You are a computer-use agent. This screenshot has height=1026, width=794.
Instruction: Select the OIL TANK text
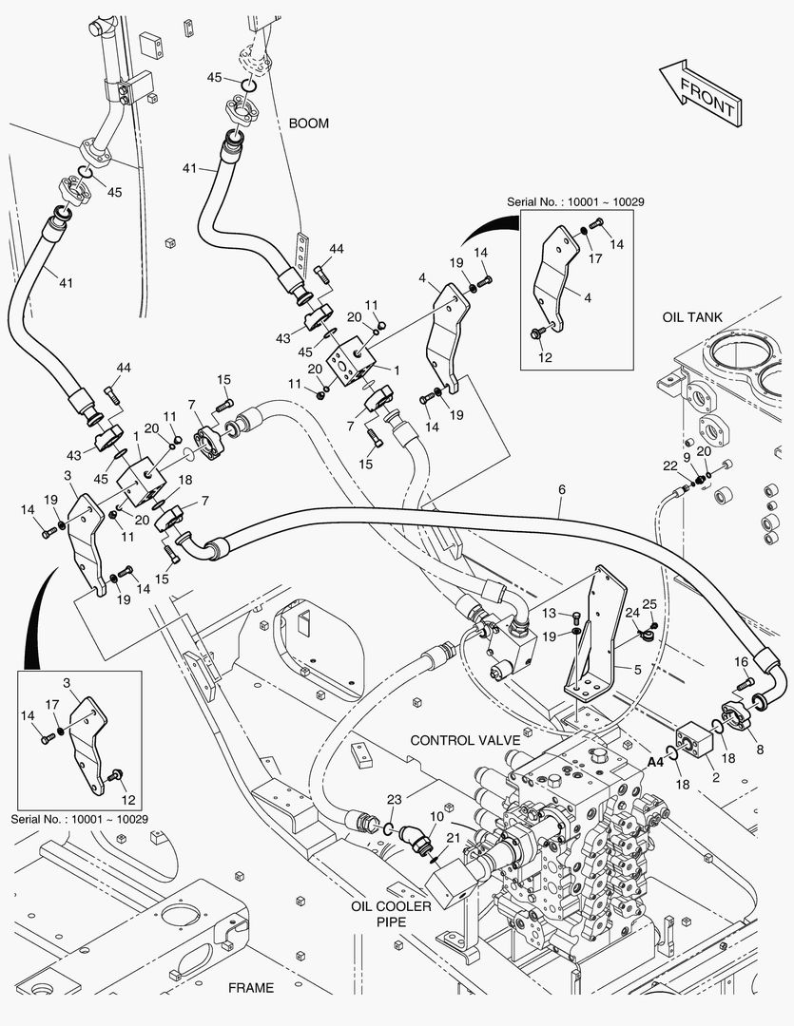(693, 317)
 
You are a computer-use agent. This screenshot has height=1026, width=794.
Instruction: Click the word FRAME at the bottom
(251, 987)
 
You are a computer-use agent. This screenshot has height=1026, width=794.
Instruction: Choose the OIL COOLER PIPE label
(391, 914)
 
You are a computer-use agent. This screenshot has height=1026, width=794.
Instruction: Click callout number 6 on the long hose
(562, 489)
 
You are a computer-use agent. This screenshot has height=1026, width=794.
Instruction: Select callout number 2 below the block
(715, 777)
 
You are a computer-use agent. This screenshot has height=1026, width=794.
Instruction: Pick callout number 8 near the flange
(758, 749)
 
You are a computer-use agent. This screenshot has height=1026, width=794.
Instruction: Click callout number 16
(741, 661)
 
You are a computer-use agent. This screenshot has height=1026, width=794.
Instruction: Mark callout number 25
(650, 604)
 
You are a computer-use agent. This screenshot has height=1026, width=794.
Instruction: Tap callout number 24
(630, 613)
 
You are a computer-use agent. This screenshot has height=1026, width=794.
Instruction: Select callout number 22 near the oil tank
(672, 465)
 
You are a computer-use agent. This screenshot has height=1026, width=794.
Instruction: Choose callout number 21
(454, 836)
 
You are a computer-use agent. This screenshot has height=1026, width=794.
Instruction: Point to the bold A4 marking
(655, 761)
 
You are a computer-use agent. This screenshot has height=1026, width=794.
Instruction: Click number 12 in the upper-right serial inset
(546, 357)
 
